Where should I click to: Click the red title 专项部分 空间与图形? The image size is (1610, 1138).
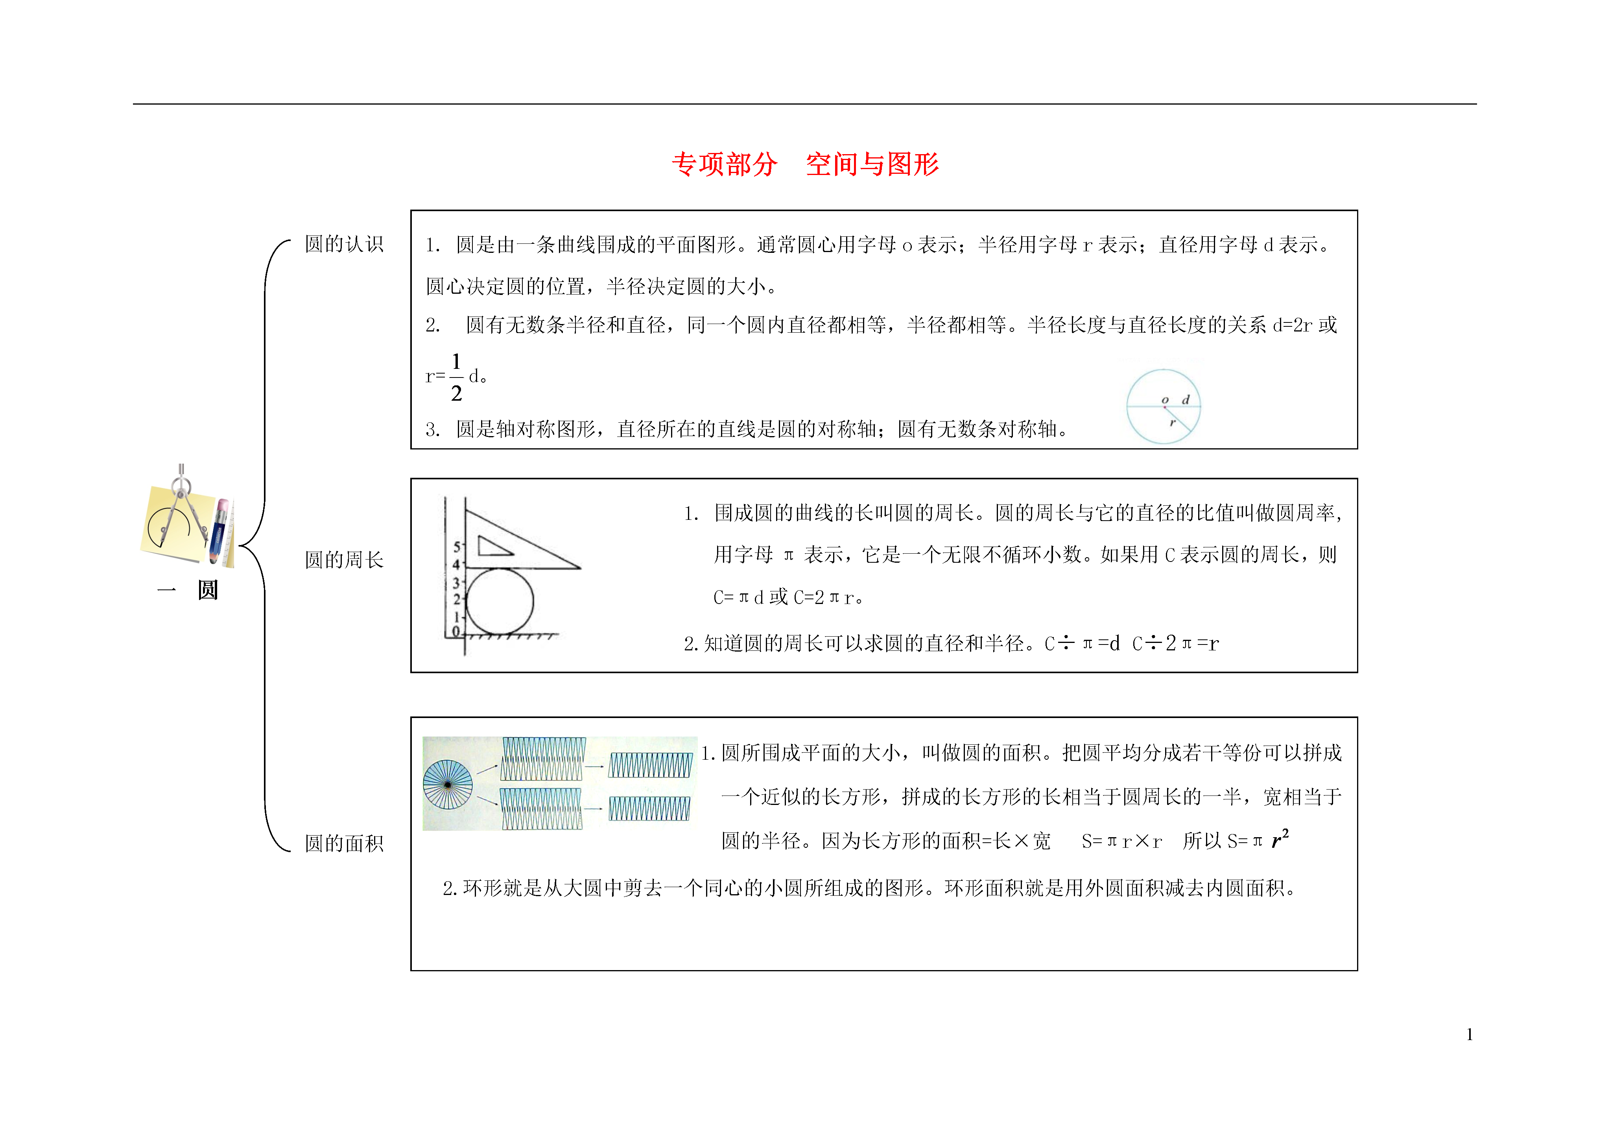point(805,164)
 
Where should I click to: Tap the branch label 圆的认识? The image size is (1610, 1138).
point(344,244)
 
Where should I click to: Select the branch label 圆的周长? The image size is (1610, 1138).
point(344,560)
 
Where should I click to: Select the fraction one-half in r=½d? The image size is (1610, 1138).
point(457,377)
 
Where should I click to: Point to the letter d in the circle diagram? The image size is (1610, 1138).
point(1186,400)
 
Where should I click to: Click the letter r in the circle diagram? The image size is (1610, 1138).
point(1172,423)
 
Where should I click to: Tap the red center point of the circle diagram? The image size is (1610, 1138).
point(1165,407)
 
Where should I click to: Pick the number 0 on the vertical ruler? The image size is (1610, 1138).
point(456,631)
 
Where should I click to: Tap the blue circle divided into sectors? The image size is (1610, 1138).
point(448,784)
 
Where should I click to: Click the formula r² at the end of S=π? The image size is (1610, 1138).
point(1280,839)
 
